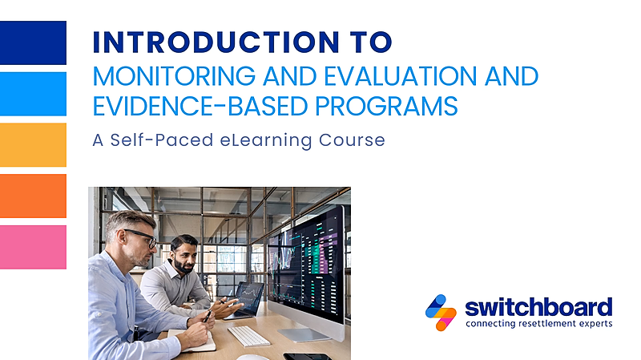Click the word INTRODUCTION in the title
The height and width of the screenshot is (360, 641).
click(x=216, y=42)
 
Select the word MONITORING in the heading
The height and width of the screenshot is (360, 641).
click(x=174, y=76)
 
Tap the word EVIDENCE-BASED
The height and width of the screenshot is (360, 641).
click(x=200, y=107)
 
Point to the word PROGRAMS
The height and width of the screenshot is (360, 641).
click(x=386, y=107)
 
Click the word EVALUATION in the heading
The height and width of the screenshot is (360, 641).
click(x=400, y=76)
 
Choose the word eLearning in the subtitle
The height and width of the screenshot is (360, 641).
click(x=266, y=140)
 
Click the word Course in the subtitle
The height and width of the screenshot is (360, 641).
click(x=352, y=140)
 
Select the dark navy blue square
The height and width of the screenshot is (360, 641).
click(x=33, y=42)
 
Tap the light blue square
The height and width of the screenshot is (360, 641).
click(x=33, y=94)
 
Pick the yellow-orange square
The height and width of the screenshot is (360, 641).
click(x=33, y=145)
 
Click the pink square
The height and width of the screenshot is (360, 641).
click(x=33, y=247)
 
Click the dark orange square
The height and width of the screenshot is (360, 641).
click(x=33, y=196)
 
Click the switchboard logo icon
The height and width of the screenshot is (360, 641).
click(x=441, y=313)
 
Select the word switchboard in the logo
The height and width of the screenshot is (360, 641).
click(x=538, y=308)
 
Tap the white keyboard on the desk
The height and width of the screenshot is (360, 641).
click(x=248, y=336)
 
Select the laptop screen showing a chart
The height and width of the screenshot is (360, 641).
click(x=249, y=297)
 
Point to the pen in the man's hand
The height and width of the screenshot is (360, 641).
click(x=208, y=316)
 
